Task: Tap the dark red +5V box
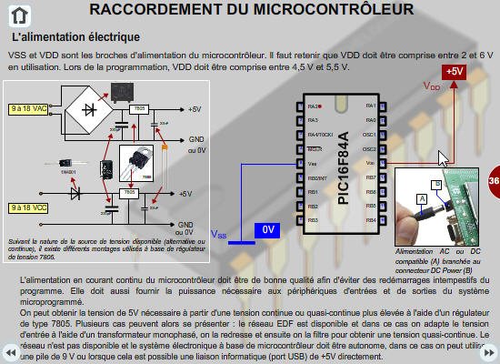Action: (x=453, y=72)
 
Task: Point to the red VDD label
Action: (x=432, y=86)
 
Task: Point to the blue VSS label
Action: (x=218, y=235)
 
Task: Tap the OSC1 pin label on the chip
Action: (x=369, y=135)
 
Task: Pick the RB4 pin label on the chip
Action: (x=370, y=220)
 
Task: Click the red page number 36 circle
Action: (x=493, y=180)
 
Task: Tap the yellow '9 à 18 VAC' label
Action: (x=27, y=108)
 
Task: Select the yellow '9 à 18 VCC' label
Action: (x=27, y=207)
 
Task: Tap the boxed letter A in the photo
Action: (x=421, y=197)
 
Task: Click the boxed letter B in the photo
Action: (x=436, y=184)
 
